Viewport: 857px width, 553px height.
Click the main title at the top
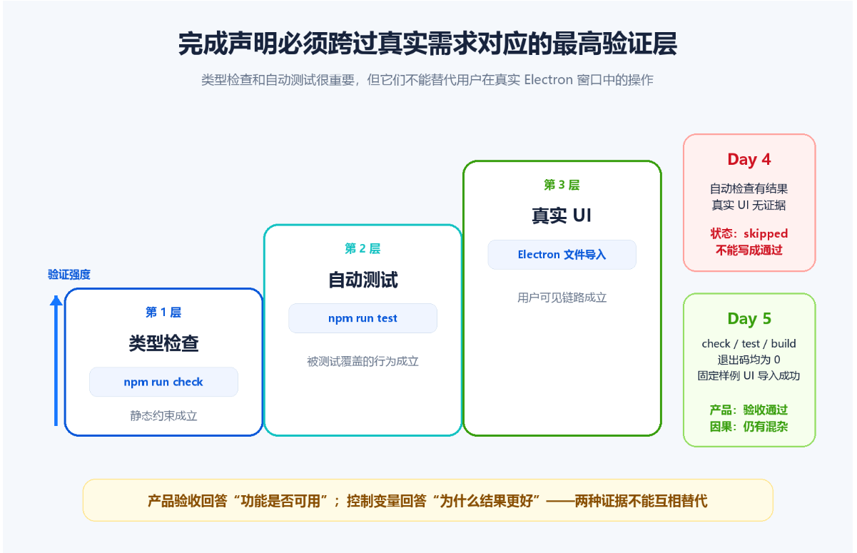[x=427, y=44]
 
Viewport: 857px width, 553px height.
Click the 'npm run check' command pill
[x=163, y=382]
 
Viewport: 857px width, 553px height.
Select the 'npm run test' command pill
[x=362, y=318]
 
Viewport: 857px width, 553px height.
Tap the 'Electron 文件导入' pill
[x=562, y=255]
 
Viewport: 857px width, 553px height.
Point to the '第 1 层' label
[x=163, y=313]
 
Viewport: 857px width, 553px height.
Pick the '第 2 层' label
[x=362, y=248]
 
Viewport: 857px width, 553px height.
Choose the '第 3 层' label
[x=562, y=185]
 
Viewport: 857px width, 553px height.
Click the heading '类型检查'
[x=163, y=343]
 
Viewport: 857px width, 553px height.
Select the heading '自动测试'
[x=363, y=280]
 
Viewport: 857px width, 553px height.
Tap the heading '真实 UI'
[x=562, y=215]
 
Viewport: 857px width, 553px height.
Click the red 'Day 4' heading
[x=749, y=160]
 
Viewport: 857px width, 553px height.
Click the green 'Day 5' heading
[x=749, y=319]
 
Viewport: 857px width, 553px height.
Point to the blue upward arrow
[x=56, y=360]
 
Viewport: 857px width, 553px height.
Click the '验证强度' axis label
[x=69, y=275]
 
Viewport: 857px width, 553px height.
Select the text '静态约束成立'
[x=163, y=416]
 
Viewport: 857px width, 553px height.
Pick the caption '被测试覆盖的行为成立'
[x=362, y=362]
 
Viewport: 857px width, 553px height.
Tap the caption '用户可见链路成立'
[x=562, y=298]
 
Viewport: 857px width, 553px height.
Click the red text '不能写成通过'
[x=749, y=250]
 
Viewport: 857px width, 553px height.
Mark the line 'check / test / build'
[x=749, y=344]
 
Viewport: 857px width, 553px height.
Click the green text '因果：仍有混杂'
[x=749, y=427]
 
